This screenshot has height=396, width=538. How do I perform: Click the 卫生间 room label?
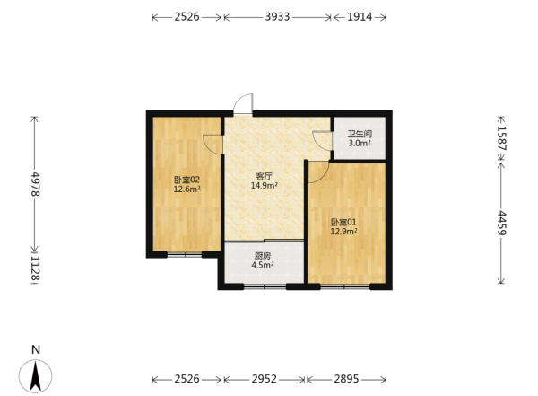(x=360, y=134)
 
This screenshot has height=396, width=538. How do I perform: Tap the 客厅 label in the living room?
(x=265, y=176)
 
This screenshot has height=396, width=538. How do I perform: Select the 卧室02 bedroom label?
(x=187, y=180)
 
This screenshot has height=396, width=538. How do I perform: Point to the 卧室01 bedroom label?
(x=343, y=222)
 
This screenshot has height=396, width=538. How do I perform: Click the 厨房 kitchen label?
(x=263, y=256)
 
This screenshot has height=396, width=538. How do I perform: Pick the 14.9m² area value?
(x=265, y=186)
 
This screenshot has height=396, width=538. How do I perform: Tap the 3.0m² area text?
(x=360, y=144)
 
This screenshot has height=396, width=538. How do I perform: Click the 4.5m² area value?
(x=263, y=265)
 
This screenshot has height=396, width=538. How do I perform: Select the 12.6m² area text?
(x=187, y=189)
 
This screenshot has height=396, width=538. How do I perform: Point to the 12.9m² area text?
(x=343, y=232)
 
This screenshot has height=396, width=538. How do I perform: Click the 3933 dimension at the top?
(x=277, y=16)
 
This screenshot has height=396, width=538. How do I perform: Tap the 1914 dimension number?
(x=360, y=16)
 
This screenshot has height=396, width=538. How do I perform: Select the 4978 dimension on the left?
(x=35, y=184)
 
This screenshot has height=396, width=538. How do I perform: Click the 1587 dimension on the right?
(x=501, y=138)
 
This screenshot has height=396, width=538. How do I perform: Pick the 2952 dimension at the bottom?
(x=265, y=379)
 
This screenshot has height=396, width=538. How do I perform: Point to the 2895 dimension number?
(x=346, y=379)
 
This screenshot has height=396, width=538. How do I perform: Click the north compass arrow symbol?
(x=35, y=376)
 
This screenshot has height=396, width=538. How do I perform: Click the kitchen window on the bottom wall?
(x=265, y=286)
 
